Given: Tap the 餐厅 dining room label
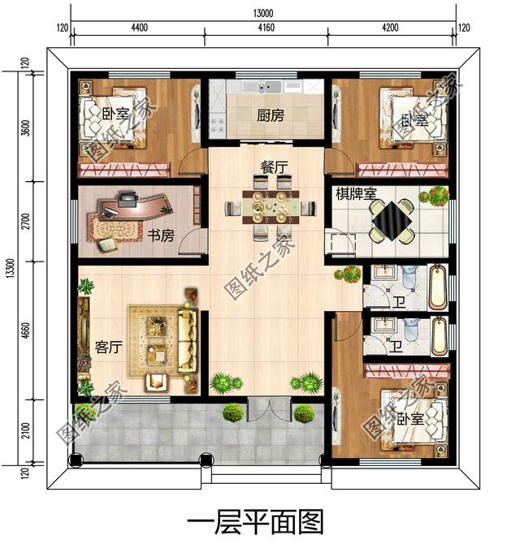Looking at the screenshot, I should click(x=274, y=166).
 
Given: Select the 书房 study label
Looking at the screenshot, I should click(x=161, y=235).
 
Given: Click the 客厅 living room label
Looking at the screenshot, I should click(x=108, y=348).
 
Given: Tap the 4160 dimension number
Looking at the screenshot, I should click(x=266, y=28).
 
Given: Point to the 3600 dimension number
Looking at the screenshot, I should click(x=26, y=130).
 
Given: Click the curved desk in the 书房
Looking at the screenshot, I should click(x=137, y=208).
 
